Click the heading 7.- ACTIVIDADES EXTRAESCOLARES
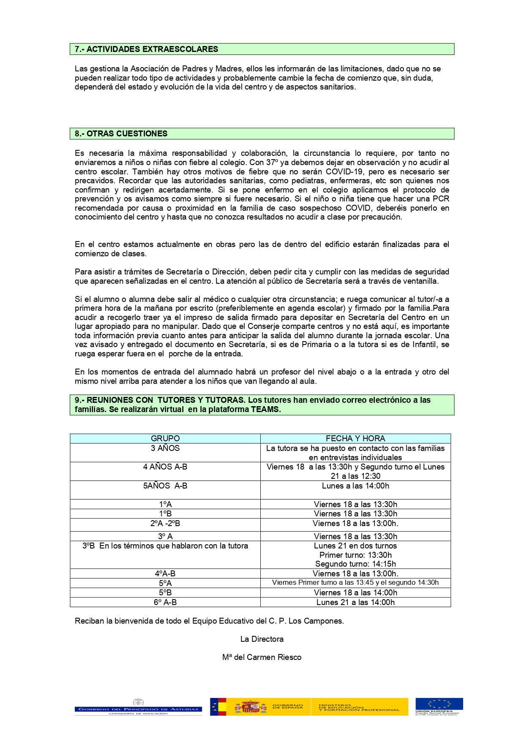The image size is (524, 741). [x=146, y=49]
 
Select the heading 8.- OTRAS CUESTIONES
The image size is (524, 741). [x=121, y=133]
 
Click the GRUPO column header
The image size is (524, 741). [x=165, y=438]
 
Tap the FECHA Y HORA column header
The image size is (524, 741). [x=355, y=438]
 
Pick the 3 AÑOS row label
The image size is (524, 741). [x=165, y=448]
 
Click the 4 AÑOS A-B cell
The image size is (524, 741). [x=165, y=467]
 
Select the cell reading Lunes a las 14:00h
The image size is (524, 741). [x=355, y=486]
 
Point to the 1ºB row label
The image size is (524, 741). [x=165, y=513]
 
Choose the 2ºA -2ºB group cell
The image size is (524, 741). [x=165, y=523]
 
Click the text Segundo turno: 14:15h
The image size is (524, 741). [x=355, y=564]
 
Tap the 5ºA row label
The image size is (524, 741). [x=165, y=583]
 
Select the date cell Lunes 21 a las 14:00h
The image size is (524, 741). [x=355, y=602]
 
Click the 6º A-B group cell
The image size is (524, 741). [x=165, y=602]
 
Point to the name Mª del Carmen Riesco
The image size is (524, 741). [x=262, y=657]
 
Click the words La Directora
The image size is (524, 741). [x=262, y=639]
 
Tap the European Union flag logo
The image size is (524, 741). [x=439, y=704]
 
